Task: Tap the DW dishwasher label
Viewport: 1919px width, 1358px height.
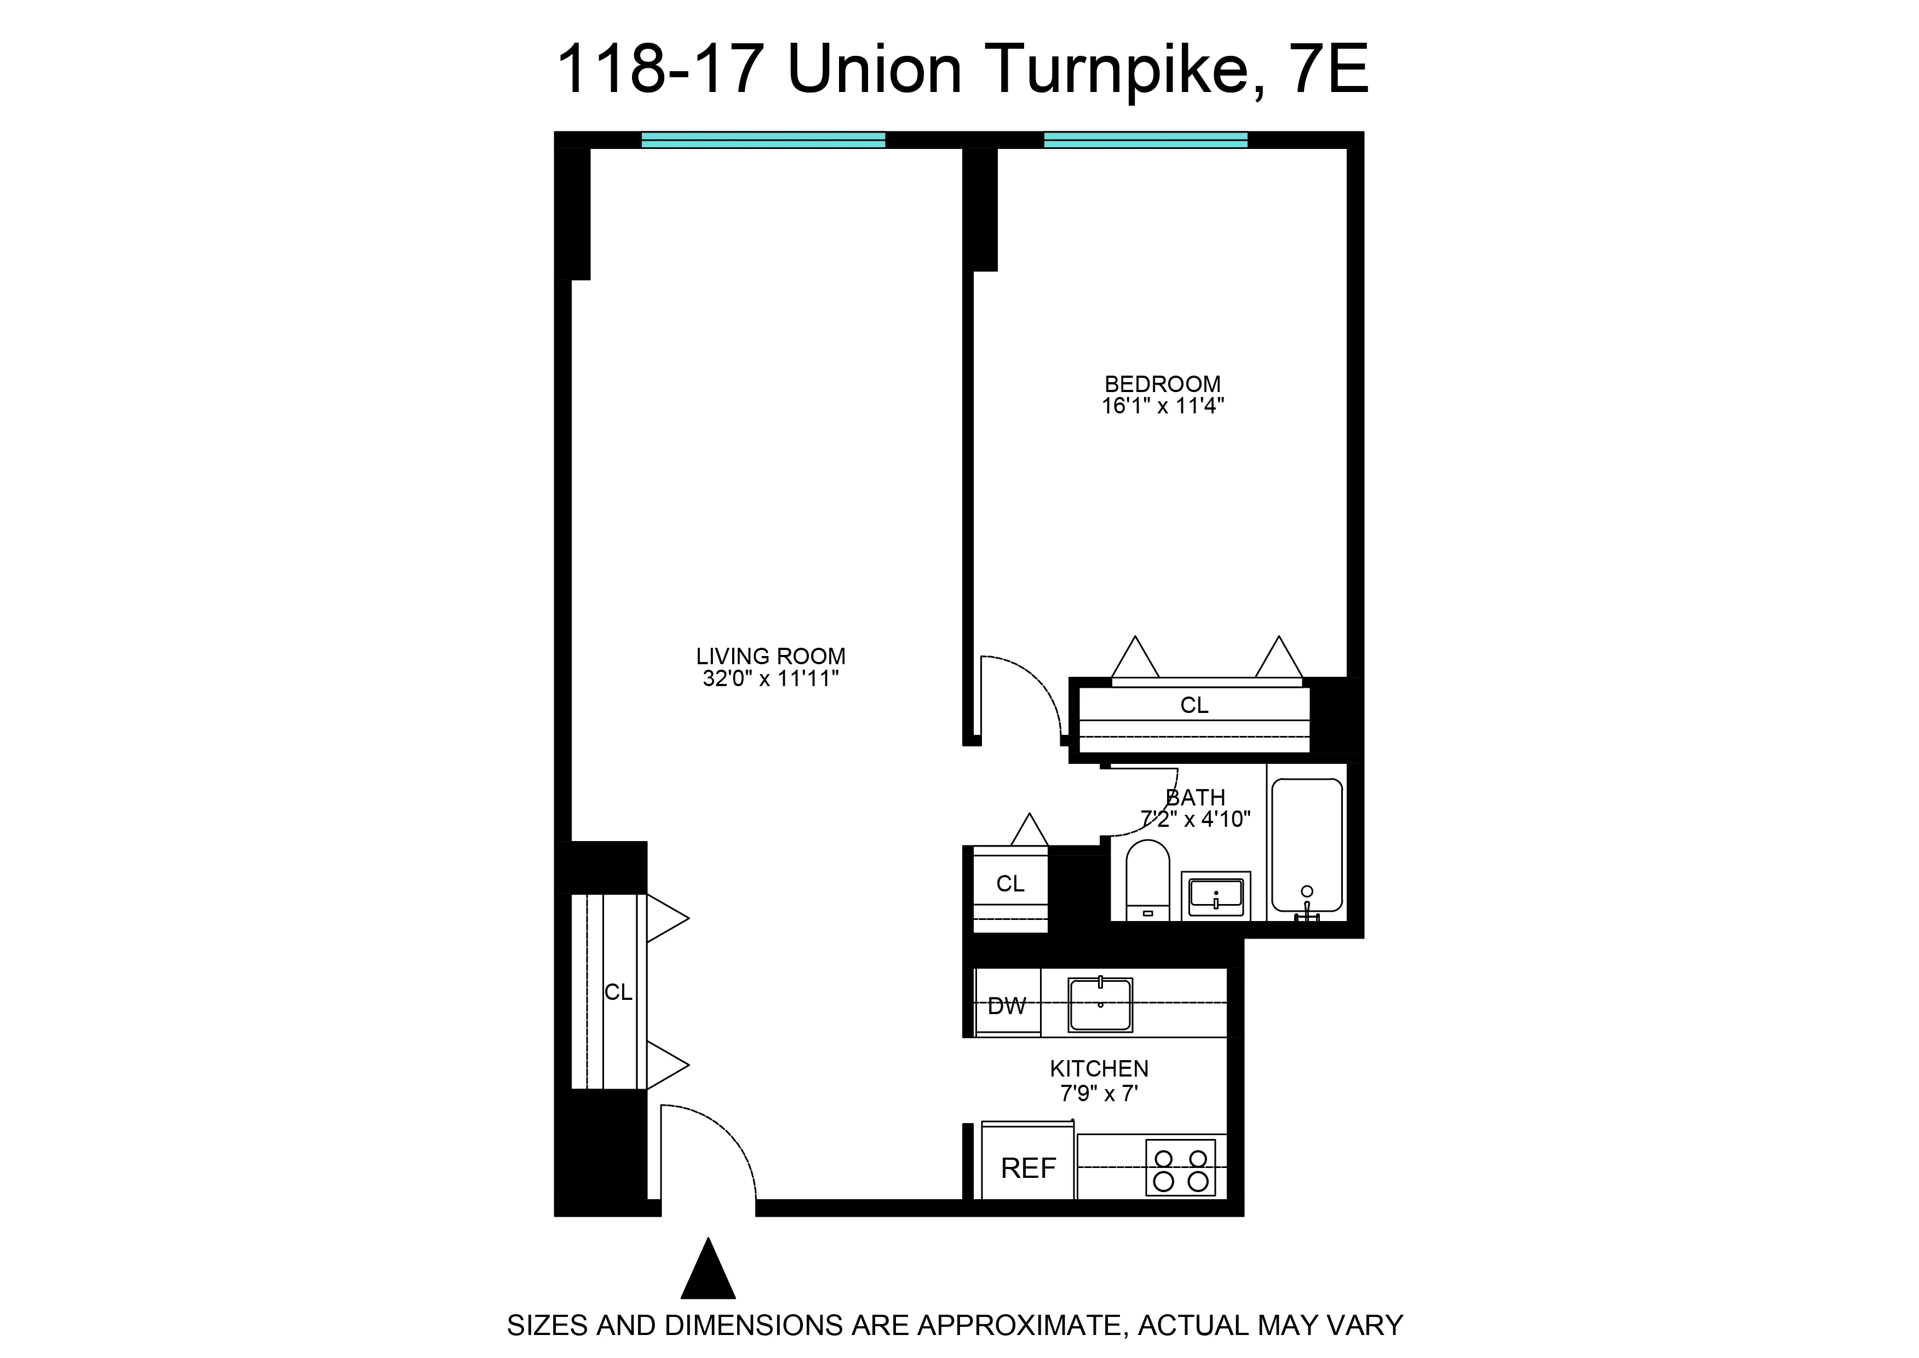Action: tap(1006, 1006)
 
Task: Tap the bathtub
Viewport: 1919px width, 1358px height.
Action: tap(1307, 844)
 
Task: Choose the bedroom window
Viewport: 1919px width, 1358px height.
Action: tap(1146, 140)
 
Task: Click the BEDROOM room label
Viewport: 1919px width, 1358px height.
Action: tap(1162, 384)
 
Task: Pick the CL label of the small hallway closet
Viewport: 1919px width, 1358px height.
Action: tap(1010, 884)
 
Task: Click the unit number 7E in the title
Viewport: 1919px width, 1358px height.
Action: tap(1329, 70)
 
